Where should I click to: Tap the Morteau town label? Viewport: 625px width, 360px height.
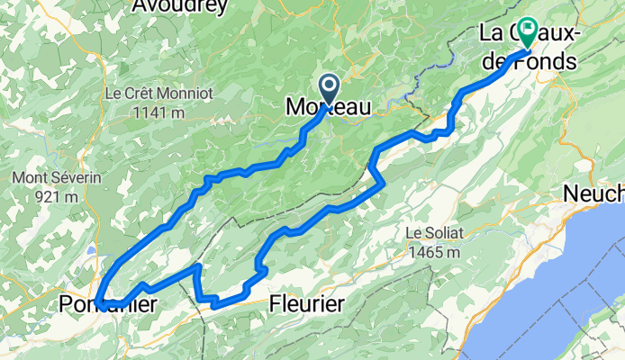328,107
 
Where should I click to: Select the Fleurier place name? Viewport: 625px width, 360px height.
306,305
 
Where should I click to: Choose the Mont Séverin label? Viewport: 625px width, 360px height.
48,178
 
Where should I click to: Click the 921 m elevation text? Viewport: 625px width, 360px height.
48,197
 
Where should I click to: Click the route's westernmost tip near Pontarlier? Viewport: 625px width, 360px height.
101,301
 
